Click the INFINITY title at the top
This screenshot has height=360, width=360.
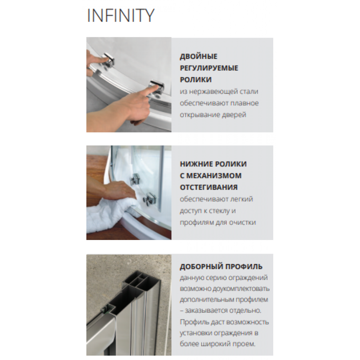click(121, 15)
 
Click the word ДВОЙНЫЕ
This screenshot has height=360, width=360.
click(198, 56)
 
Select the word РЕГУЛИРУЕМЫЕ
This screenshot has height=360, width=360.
click(209, 68)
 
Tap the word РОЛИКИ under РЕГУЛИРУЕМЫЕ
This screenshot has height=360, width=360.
click(196, 80)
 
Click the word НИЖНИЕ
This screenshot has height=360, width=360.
click(194, 164)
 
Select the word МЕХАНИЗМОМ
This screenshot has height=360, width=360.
click(214, 176)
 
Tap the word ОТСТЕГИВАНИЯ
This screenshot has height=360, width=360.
click(208, 188)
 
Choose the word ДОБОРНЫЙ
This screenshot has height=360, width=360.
click(201, 267)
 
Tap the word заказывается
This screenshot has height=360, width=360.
click(208, 311)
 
